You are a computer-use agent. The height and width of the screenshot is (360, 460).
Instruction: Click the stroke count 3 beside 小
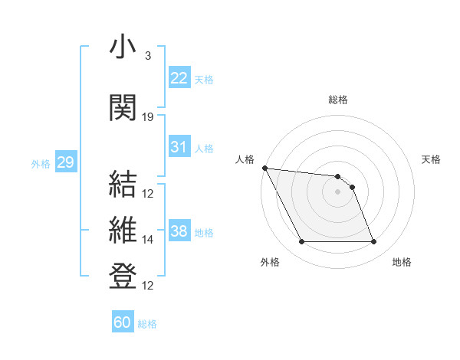click(x=147, y=56)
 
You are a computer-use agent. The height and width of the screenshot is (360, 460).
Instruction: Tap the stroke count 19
click(x=148, y=117)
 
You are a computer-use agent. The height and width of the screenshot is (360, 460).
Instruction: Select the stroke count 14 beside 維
click(x=148, y=240)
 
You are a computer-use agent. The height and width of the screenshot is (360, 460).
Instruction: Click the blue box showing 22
click(x=179, y=77)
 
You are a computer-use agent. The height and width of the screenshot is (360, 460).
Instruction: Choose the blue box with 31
click(x=179, y=147)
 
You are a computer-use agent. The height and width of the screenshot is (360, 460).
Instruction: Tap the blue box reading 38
click(x=179, y=231)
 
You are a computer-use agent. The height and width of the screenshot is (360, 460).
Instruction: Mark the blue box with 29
click(x=65, y=162)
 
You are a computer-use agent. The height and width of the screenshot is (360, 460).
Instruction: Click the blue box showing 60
click(x=123, y=322)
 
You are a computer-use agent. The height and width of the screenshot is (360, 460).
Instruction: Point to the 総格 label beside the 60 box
click(x=147, y=324)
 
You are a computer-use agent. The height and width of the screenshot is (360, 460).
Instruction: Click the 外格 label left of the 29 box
click(x=41, y=164)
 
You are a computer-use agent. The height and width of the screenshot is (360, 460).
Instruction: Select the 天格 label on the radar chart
click(x=431, y=159)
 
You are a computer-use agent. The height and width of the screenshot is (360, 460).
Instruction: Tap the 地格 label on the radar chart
click(x=402, y=262)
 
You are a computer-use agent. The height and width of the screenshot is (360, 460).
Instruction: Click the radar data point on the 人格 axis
click(x=264, y=168)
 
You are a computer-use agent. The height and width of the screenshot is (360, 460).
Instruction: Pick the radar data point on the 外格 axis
click(x=301, y=242)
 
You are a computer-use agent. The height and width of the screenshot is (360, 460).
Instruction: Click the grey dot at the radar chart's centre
click(x=337, y=191)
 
